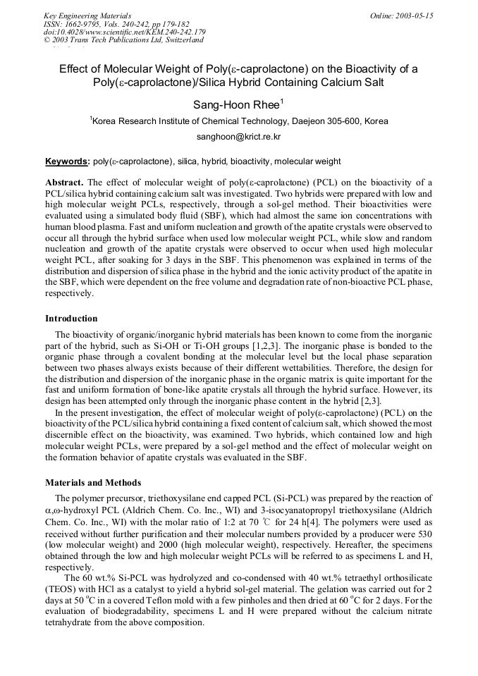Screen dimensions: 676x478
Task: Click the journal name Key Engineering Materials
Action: pos(87,16)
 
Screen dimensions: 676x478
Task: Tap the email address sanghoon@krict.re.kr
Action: pos(238,137)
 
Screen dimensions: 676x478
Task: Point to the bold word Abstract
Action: pos(64,183)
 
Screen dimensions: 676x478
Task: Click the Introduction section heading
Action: pos(71,319)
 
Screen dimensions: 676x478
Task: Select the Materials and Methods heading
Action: pos(93,483)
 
